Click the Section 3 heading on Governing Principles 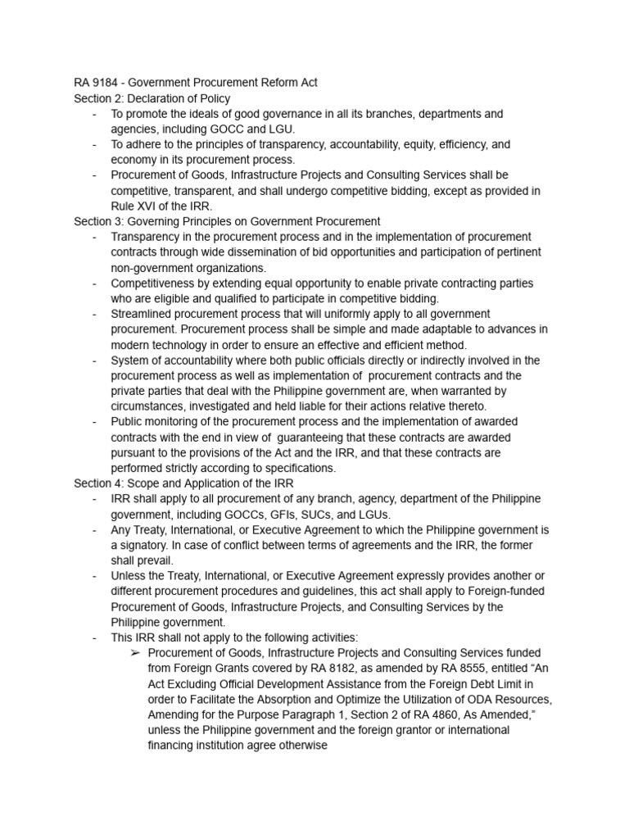pyautogui.click(x=227, y=221)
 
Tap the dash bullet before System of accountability pyautogui.click(x=95, y=360)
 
